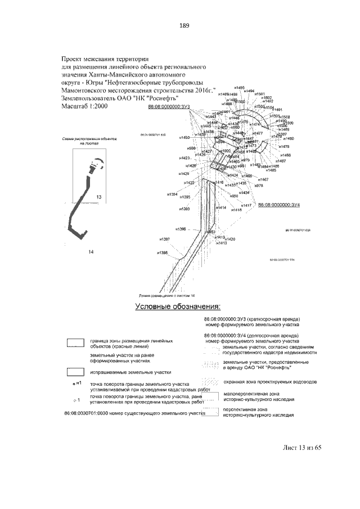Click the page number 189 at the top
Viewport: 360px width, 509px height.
[x=184, y=25]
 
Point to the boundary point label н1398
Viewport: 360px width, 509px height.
[x=163, y=253]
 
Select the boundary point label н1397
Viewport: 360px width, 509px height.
[x=163, y=239]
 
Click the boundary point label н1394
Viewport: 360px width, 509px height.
[x=172, y=193]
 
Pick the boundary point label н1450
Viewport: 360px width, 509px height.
[x=183, y=138]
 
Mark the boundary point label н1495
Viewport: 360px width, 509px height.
[x=238, y=88]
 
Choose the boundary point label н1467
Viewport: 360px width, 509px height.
[x=263, y=179]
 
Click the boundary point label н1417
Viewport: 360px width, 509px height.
[x=246, y=205]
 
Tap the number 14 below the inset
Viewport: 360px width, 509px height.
[x=90, y=251]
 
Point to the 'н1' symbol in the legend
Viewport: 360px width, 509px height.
[x=77, y=383]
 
